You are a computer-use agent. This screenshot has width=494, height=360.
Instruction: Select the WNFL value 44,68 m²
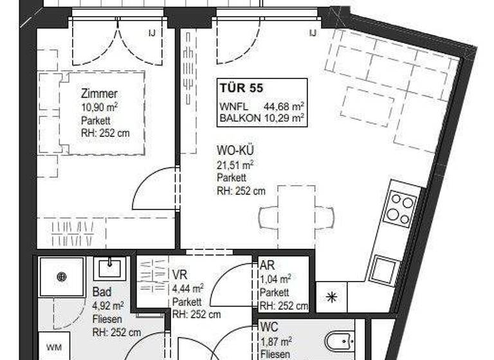(x=284, y=107)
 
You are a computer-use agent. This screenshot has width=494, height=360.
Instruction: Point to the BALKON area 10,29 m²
(x=284, y=118)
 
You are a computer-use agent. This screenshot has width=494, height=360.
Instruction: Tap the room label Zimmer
(x=99, y=94)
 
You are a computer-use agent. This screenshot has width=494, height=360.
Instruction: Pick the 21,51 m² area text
(x=234, y=165)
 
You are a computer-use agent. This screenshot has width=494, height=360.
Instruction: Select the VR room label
(x=179, y=274)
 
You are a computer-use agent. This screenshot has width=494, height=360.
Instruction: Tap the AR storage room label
(x=267, y=265)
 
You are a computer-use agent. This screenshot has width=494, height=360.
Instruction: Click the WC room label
(x=269, y=327)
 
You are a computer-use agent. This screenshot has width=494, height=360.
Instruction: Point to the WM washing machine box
(x=54, y=347)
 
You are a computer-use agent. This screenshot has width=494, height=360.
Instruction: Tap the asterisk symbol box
(x=331, y=297)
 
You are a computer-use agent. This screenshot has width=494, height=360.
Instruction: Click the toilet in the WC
(x=338, y=341)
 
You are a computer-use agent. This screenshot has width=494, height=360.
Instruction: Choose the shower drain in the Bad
(x=62, y=276)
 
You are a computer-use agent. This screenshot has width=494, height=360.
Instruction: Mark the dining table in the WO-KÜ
(x=296, y=217)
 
